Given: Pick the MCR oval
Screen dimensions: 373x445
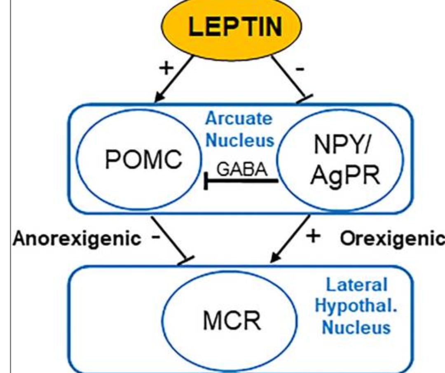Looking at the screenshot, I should [232, 322].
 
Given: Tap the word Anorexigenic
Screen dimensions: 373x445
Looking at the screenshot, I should [77, 238].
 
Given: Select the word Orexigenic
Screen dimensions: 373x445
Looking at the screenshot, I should [392, 238].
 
